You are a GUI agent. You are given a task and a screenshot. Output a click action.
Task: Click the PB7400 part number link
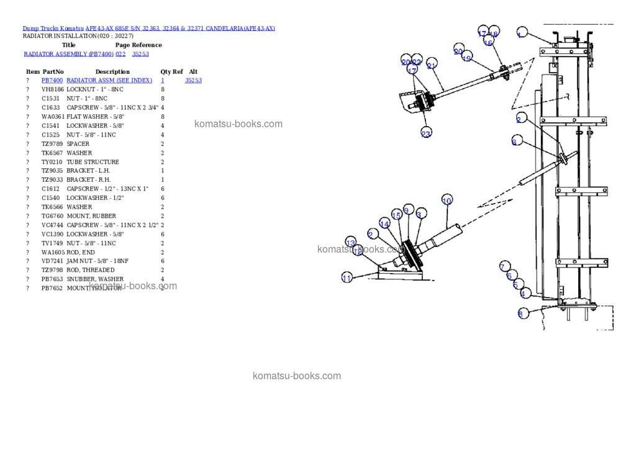click(x=52, y=81)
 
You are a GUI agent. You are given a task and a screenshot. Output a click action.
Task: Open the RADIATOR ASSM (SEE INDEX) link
click(x=109, y=81)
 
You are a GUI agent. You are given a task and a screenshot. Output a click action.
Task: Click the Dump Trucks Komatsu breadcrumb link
click(x=53, y=29)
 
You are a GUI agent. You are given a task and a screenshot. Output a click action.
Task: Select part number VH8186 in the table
click(x=52, y=89)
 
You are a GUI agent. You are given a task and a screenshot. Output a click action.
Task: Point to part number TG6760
click(x=52, y=216)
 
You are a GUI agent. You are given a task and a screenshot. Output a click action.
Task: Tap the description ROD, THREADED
click(x=91, y=270)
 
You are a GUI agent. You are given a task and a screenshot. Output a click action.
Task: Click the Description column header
click(x=112, y=72)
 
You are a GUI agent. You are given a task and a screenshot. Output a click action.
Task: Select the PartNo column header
click(x=53, y=72)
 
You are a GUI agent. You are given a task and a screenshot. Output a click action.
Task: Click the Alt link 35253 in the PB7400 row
click(x=193, y=81)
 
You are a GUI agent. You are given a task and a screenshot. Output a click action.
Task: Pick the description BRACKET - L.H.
click(x=89, y=171)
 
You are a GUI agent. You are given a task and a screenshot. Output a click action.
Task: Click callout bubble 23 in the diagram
click(x=426, y=133)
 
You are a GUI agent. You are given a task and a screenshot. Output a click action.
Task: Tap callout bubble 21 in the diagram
click(x=432, y=65)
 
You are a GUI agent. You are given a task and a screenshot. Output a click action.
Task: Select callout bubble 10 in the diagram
click(x=447, y=200)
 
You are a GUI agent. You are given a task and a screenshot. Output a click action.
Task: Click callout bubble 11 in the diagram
click(x=347, y=277)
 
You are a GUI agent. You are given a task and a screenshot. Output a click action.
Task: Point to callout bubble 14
click(x=384, y=224)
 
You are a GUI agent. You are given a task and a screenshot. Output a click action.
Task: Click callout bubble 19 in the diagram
click(x=467, y=58)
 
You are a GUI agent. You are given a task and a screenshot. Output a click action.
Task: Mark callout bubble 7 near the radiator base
click(x=505, y=267)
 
